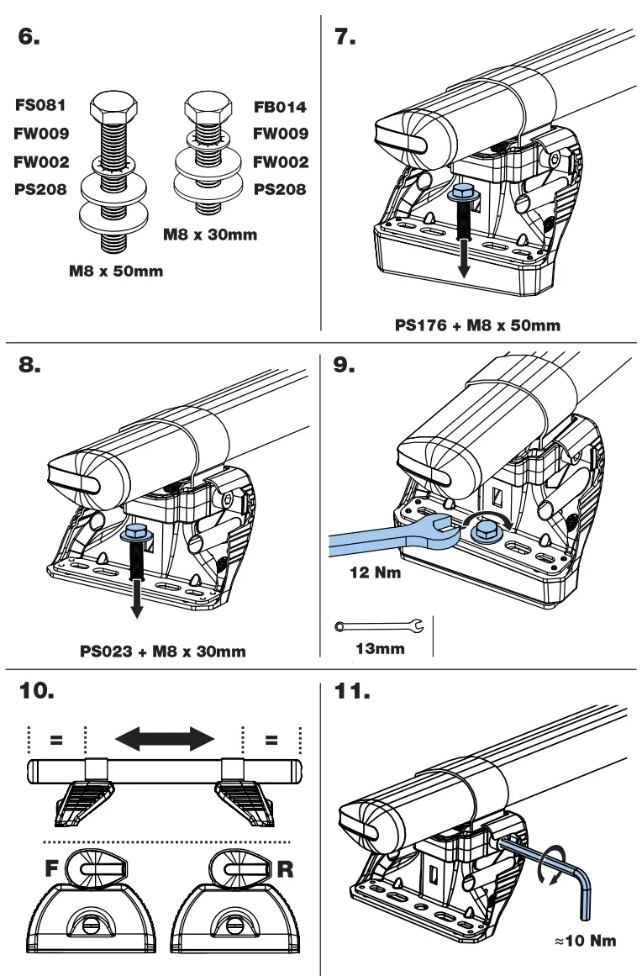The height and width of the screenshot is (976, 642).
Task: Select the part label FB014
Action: click(x=281, y=108)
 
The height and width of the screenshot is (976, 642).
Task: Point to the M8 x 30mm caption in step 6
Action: click(x=210, y=235)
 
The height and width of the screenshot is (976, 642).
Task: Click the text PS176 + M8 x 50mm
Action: click(x=477, y=325)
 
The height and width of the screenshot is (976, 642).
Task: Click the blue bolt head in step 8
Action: click(x=133, y=533)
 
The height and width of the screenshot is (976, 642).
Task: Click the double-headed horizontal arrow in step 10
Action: click(x=164, y=739)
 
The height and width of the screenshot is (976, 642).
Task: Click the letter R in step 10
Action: click(x=286, y=869)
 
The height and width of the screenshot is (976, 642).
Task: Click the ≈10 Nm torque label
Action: click(x=586, y=939)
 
